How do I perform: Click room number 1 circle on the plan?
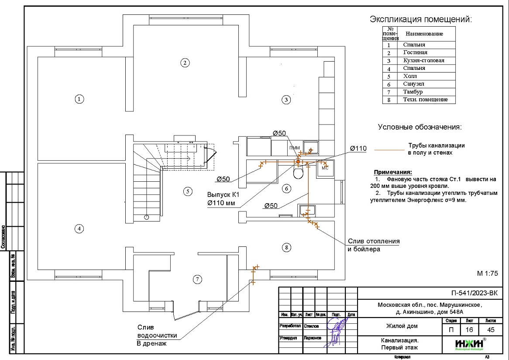(x=79, y=99)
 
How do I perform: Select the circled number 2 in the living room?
(x=185, y=62)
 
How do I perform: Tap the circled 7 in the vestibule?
(x=197, y=279)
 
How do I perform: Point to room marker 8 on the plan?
(x=286, y=248)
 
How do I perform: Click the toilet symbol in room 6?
(x=299, y=173)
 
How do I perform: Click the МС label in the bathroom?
(x=325, y=168)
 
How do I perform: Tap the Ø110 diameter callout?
(x=358, y=149)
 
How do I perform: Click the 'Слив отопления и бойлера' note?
(x=373, y=245)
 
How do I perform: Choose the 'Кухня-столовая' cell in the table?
(x=423, y=60)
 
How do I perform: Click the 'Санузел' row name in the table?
(x=414, y=84)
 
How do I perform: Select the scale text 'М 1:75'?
(x=488, y=273)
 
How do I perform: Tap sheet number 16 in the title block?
(x=469, y=330)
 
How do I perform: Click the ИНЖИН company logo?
(x=464, y=344)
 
